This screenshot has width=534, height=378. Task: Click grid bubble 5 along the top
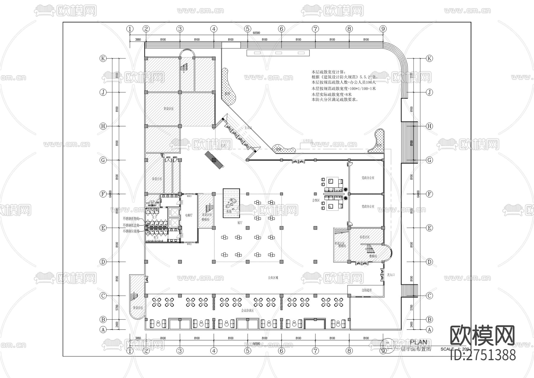[248, 29]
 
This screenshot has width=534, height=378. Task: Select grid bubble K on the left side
[103, 58]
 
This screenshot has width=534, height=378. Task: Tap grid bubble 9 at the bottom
[383, 351]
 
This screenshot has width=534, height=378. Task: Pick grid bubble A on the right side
[430, 330]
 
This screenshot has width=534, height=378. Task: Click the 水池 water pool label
[229, 212]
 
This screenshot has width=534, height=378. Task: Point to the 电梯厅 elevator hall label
[189, 215]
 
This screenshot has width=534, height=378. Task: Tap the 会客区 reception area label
[316, 200]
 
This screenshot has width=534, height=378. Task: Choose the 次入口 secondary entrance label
[391, 275]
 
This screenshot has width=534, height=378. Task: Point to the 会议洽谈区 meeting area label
[247, 310]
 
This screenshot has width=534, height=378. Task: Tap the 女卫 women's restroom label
[154, 217]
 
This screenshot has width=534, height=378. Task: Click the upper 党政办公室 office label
[368, 178]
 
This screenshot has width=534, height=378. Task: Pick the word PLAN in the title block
[419, 342]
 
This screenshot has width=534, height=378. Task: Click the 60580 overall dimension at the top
[256, 33]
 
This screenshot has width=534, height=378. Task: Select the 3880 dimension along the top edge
[138, 39]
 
